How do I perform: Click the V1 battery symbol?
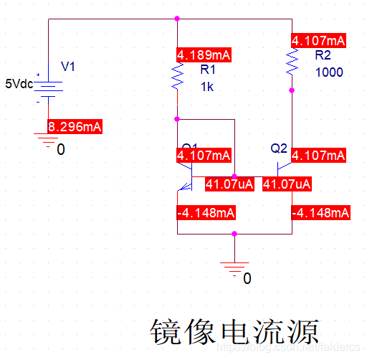click(x=48, y=87)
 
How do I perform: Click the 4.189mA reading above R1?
click(x=204, y=54)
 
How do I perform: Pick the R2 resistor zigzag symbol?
click(x=292, y=65)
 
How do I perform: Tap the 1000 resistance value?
click(x=329, y=72)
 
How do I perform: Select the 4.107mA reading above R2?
click(x=319, y=41)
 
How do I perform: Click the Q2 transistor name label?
click(x=279, y=148)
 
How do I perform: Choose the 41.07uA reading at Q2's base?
click(x=287, y=184)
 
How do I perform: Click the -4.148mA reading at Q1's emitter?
click(x=205, y=213)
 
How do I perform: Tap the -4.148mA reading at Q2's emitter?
click(x=320, y=213)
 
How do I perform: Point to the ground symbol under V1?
click(x=48, y=144)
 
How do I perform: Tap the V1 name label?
click(x=68, y=67)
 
